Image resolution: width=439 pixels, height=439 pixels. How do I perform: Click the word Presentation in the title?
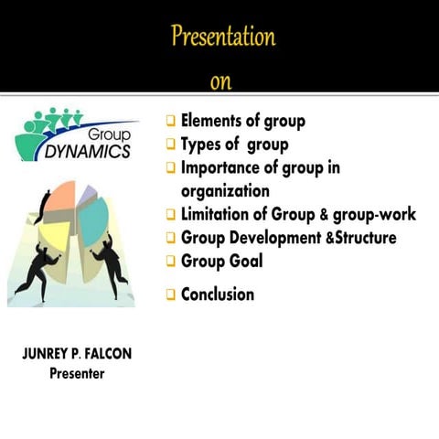[222, 37]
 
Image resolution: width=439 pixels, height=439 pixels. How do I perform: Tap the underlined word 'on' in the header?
[220, 82]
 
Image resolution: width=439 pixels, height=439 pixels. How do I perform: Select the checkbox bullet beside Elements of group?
[171, 122]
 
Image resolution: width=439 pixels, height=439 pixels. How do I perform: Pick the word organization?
[225, 191]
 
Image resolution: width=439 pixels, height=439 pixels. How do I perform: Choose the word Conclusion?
[218, 294]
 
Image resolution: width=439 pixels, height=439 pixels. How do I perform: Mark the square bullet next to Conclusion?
[171, 294]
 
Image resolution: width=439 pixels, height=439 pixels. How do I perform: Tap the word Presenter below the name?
[77, 374]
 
